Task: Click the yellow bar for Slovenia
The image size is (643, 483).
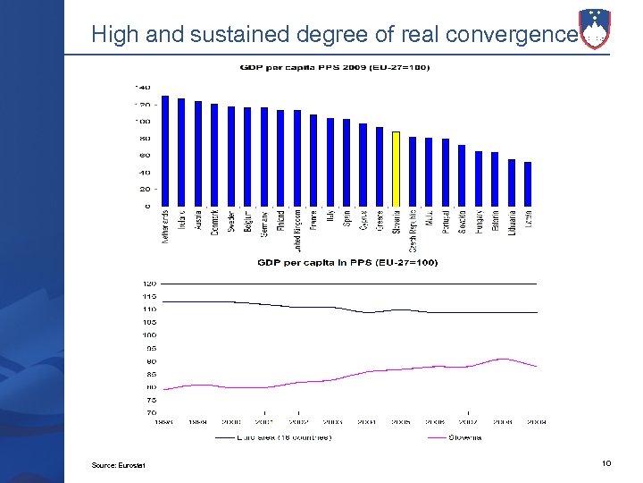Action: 396,169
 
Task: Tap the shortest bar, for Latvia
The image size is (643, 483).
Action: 528,184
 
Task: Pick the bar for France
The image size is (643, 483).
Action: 313,160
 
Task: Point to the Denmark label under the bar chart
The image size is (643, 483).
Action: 214,224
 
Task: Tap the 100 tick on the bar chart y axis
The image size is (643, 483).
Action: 142,122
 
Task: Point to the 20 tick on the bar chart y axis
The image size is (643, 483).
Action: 144,190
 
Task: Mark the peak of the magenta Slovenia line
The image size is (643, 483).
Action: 504,359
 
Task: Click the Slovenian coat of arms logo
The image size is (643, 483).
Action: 595,30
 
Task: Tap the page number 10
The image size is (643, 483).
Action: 606,462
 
